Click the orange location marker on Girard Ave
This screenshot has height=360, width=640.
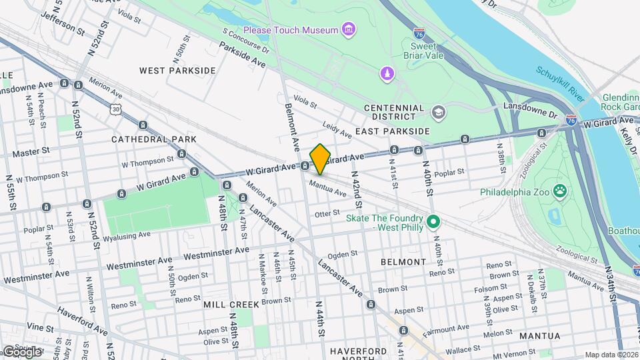point(320,159)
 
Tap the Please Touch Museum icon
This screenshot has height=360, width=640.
point(348,29)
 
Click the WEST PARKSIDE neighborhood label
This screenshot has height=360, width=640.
point(177,70)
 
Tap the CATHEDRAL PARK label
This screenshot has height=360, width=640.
point(154,139)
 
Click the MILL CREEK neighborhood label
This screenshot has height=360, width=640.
point(231,304)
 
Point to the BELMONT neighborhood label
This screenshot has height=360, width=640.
point(403,262)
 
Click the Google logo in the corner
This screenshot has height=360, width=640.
point(21,351)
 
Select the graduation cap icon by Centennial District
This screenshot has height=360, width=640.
point(438,112)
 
